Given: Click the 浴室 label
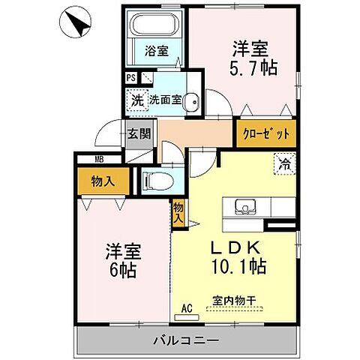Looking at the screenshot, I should pos(156,52).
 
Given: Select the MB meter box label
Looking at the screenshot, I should pos(99,159).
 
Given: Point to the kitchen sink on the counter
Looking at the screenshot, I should pos(245,207).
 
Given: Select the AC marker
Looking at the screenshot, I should pos(188,306).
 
